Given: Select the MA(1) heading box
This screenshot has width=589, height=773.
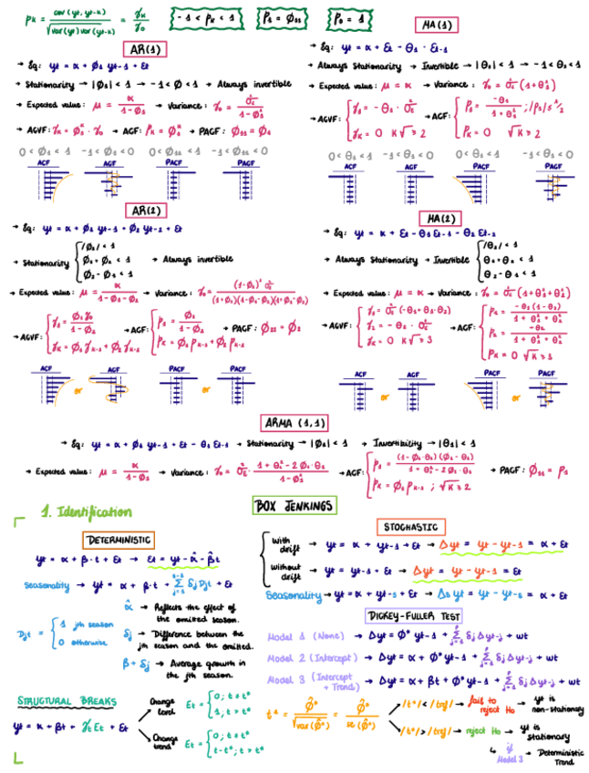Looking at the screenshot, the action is click(437, 25).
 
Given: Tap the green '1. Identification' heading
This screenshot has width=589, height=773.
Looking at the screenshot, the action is click(86, 512).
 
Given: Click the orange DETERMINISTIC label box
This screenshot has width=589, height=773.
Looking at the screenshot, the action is click(119, 541).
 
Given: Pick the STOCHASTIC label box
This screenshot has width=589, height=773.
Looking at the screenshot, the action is click(409, 527).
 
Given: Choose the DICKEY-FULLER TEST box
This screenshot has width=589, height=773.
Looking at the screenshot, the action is click(412, 615).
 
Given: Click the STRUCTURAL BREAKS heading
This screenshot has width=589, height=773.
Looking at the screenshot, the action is click(67, 701).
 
